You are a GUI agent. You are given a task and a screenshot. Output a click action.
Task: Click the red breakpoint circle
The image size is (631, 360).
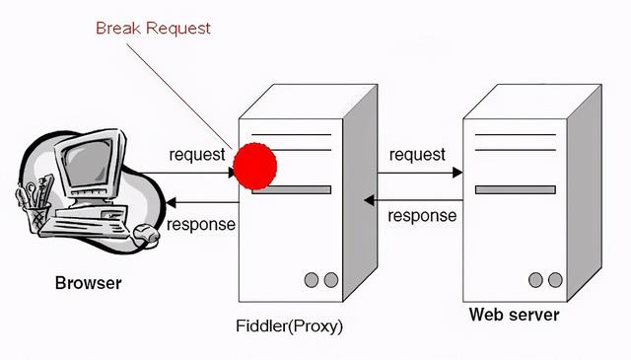[x=254, y=165]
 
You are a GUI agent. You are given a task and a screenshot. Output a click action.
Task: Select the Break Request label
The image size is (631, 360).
[x=153, y=28]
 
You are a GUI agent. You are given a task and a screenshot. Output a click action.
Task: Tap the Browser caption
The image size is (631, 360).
[x=88, y=284]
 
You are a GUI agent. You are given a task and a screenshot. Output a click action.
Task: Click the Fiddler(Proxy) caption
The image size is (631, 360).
[x=290, y=324]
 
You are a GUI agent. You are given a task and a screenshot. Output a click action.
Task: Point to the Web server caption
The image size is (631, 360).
[x=514, y=316]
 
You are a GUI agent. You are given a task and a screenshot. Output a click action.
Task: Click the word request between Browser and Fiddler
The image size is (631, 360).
[x=197, y=154]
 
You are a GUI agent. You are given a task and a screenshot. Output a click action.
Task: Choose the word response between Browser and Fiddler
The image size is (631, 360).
[x=201, y=224]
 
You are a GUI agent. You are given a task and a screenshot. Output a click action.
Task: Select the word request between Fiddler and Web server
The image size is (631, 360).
[x=417, y=154]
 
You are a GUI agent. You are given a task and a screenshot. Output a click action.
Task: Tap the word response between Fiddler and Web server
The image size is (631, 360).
[x=422, y=215]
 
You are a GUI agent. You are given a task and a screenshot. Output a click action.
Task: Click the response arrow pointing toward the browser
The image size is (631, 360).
[x=197, y=203]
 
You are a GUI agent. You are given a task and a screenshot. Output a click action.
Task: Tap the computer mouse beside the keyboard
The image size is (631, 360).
[x=146, y=234]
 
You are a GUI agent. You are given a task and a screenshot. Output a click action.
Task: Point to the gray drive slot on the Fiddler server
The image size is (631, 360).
[x=291, y=189]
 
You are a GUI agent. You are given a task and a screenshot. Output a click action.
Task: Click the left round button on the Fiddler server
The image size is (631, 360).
[x=311, y=281]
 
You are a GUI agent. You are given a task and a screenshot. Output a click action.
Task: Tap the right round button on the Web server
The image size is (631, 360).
[x=555, y=280]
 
